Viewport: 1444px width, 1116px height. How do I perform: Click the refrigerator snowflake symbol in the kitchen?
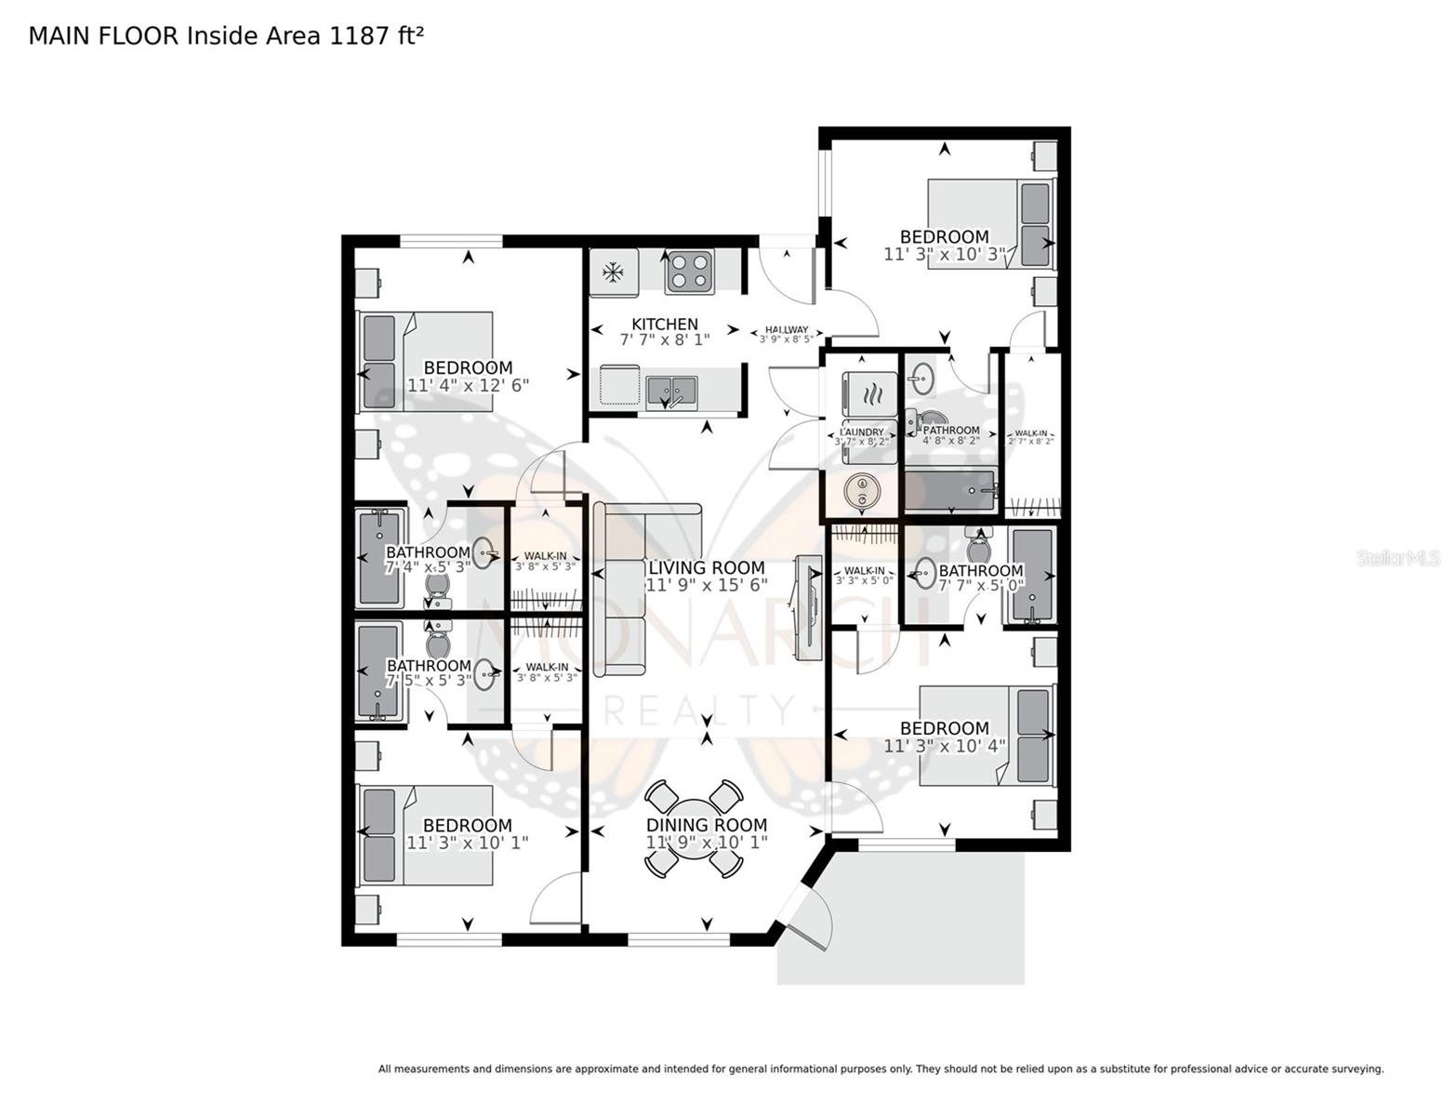click(x=612, y=272)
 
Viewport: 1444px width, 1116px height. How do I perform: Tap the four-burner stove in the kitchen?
click(x=689, y=272)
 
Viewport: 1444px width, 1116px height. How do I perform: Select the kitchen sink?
click(x=671, y=389)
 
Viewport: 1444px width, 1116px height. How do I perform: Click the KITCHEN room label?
click(x=664, y=325)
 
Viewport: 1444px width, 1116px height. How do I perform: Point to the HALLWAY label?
click(x=787, y=330)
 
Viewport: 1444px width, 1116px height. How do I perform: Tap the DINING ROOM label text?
click(x=707, y=825)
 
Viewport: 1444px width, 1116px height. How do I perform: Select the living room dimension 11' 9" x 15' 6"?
click(x=707, y=585)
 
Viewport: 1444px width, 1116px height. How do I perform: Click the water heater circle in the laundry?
click(x=862, y=490)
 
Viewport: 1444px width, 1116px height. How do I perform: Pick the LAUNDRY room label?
click(x=862, y=432)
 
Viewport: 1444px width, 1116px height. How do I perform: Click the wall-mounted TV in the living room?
click(x=806, y=608)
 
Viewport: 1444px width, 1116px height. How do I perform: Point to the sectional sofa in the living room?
click(x=623, y=586)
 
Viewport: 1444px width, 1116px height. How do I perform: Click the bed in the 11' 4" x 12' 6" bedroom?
click(x=425, y=361)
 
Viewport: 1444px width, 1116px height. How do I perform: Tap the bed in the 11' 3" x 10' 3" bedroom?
click(x=991, y=222)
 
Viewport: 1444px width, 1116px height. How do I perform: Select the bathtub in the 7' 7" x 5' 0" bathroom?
click(x=1032, y=576)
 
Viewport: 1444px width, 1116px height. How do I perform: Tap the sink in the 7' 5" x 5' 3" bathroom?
click(x=484, y=674)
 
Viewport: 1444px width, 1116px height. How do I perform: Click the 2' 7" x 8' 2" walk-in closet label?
click(x=1030, y=436)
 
